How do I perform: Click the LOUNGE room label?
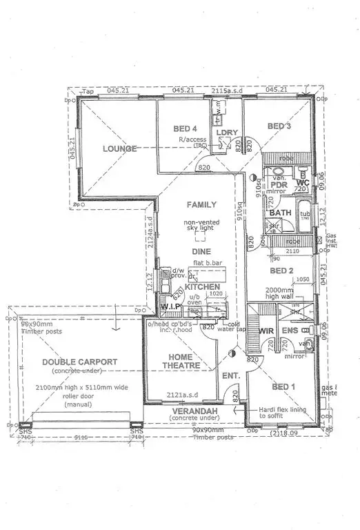point(119,148)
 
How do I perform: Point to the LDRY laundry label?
point(227,132)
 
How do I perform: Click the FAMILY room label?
point(201,205)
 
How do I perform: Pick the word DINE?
point(201,252)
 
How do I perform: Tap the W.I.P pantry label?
point(170,306)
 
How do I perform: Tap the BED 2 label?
point(281,271)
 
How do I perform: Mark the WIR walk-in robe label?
point(266,331)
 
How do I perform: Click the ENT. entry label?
point(230,376)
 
